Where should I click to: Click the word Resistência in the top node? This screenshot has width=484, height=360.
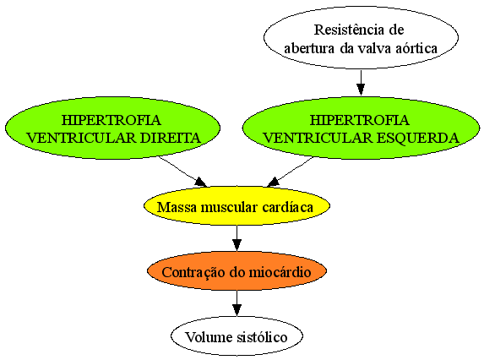pyautogui.click(x=345, y=30)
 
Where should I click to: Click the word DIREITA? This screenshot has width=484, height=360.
pyautogui.click(x=171, y=138)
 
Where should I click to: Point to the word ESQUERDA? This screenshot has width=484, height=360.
pyautogui.click(x=418, y=138)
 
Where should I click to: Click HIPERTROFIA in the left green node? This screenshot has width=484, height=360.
pyautogui.click(x=111, y=120)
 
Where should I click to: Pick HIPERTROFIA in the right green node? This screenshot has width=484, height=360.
pyautogui.click(x=360, y=120)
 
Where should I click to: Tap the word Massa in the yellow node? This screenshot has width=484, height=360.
pyautogui.click(x=177, y=207)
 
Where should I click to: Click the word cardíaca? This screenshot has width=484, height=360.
pyautogui.click(x=288, y=207)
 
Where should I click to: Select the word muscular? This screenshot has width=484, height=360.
pyautogui.click(x=230, y=207)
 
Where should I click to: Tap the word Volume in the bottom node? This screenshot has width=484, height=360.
pyautogui.click(x=209, y=337)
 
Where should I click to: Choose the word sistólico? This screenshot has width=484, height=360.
pyautogui.click(x=262, y=337)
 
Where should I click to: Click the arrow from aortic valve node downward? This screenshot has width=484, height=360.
pyautogui.click(x=361, y=83)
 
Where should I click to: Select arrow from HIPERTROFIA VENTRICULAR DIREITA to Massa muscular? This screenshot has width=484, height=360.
pyautogui.click(x=182, y=172)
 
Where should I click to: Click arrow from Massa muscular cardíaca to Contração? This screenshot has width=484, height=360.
pyautogui.click(x=237, y=238)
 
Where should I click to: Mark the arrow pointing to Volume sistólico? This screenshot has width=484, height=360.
pyautogui.click(x=237, y=303)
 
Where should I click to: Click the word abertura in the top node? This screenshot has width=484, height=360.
pyautogui.click(x=309, y=48)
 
